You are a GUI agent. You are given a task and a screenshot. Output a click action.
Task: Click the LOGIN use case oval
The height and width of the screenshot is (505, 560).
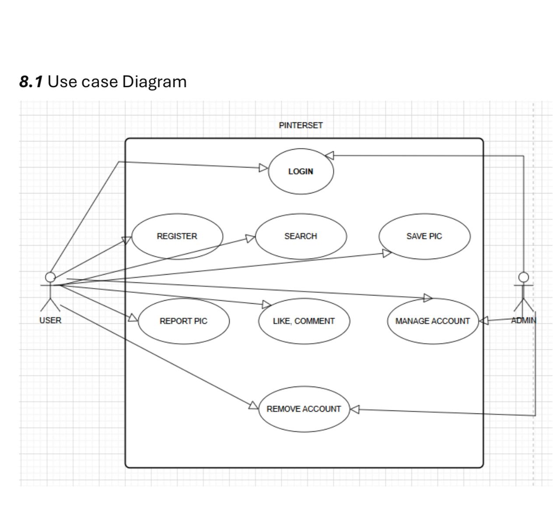(301, 171)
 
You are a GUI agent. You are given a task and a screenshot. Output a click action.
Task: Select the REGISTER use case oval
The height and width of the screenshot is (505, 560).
(177, 236)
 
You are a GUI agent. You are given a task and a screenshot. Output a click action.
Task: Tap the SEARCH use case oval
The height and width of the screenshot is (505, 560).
(301, 236)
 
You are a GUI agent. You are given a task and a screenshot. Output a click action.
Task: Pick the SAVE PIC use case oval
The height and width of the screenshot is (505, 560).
(424, 236)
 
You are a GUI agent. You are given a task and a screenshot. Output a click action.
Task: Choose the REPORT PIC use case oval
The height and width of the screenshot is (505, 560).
(183, 321)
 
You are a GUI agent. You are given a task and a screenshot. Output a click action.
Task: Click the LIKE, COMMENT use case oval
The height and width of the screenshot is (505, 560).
(304, 321)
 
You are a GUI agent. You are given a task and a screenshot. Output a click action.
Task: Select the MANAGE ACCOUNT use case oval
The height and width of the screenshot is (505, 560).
(432, 321)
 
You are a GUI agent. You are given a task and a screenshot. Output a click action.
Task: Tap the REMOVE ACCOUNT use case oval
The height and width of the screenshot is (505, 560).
(304, 409)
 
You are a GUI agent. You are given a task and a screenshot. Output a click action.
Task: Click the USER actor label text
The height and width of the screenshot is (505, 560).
(50, 320)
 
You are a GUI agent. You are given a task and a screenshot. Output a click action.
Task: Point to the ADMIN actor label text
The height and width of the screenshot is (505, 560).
(523, 320)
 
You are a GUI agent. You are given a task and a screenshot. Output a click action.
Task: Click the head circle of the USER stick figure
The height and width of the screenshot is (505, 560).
(50, 277)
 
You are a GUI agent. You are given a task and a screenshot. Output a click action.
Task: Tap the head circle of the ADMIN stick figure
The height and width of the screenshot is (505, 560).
(523, 277)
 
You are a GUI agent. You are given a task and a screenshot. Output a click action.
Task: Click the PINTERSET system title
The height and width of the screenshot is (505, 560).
(301, 125)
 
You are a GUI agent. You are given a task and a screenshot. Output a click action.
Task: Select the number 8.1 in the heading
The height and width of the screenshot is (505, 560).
(31, 81)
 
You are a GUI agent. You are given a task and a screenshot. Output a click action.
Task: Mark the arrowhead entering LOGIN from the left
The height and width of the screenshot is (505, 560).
(263, 168)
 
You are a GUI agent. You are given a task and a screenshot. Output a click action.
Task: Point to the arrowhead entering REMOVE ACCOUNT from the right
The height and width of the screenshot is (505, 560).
(355, 410)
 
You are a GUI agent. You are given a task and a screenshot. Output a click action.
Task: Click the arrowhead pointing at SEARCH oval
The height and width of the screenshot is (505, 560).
(250, 238)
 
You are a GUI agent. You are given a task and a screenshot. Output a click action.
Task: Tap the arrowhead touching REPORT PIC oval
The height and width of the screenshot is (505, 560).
(133, 318)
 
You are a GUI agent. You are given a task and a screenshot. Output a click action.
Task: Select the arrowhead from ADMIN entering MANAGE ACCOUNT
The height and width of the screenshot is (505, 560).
(484, 321)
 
